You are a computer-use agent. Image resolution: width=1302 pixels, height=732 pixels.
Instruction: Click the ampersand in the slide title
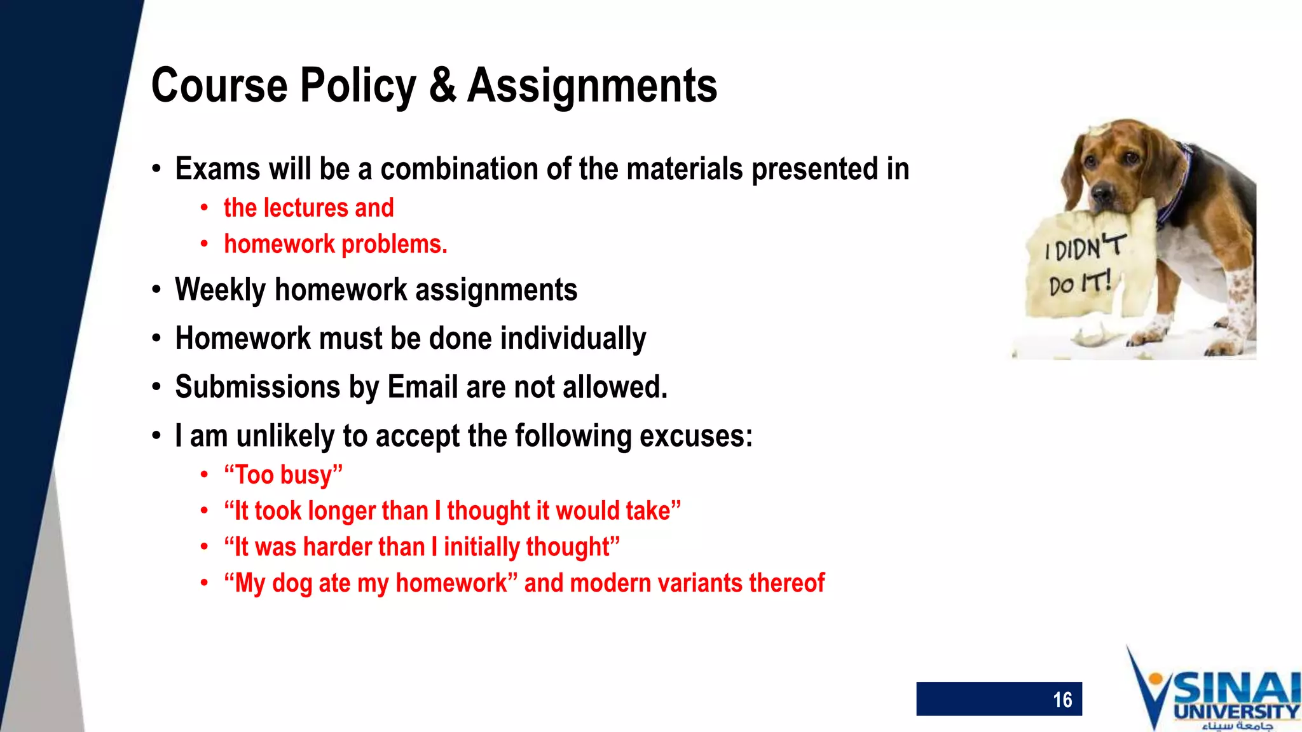tap(442, 86)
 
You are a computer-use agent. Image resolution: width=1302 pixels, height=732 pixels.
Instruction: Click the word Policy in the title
tap(358, 86)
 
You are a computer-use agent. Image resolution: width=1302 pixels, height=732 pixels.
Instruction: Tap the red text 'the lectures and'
tap(308, 208)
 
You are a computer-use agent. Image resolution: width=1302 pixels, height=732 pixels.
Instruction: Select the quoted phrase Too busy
tap(283, 475)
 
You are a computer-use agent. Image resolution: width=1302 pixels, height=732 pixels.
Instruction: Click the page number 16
tap(1062, 700)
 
